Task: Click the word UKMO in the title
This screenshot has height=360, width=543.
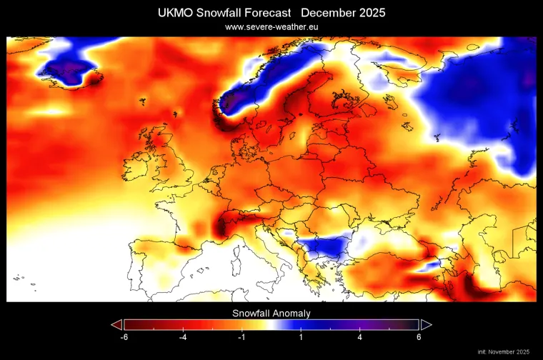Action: [x=175, y=13]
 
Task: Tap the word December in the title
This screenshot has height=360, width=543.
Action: [x=326, y=13]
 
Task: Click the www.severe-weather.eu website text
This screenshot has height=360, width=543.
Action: [x=271, y=26]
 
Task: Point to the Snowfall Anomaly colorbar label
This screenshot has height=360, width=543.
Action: [x=271, y=313]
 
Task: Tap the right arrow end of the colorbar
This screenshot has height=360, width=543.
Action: [x=426, y=324]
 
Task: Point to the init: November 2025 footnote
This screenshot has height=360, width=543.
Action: [x=504, y=351]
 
